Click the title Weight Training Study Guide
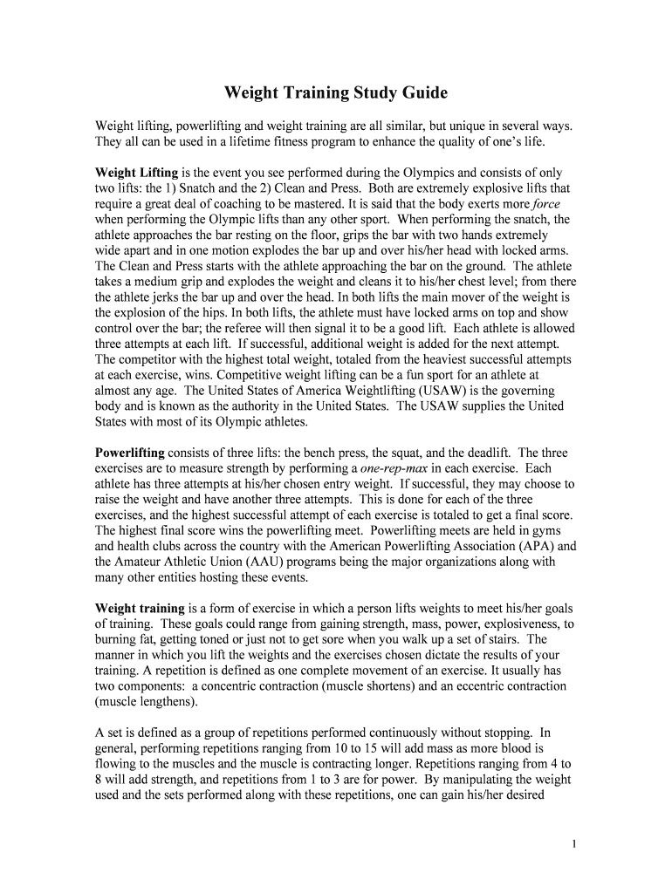[336, 92]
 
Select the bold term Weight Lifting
[136, 173]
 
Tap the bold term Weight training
[140, 609]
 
